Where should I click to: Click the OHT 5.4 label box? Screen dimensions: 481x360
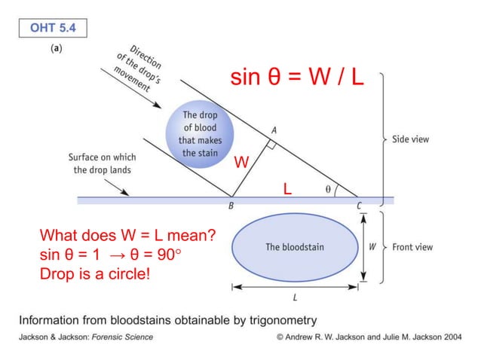[x=53, y=29]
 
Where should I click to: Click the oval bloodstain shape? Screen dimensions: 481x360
[x=295, y=246]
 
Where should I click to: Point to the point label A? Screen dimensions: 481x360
[x=273, y=130]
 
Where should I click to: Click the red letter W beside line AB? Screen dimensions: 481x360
[x=240, y=163]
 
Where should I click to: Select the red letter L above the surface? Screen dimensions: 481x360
[x=286, y=188]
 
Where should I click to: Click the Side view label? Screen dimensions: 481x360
[x=410, y=139]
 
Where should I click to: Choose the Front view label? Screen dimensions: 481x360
[x=412, y=247]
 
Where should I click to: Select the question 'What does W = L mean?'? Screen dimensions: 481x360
[x=127, y=235]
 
